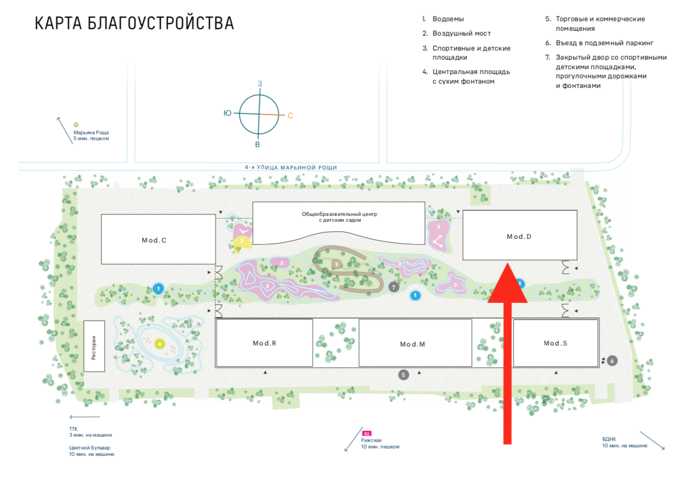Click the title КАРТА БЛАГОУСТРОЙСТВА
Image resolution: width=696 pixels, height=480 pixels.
(134, 24)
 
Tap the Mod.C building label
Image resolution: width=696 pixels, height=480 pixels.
(154, 241)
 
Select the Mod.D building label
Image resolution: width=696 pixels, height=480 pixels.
(519, 236)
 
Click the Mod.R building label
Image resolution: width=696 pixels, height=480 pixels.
(264, 343)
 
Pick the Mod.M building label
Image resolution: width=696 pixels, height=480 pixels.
(413, 345)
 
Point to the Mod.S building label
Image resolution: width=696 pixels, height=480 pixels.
(555, 343)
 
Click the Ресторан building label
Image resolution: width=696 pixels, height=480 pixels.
(94, 347)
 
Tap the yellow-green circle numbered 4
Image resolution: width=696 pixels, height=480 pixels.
(160, 344)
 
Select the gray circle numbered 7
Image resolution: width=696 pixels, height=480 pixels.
(394, 287)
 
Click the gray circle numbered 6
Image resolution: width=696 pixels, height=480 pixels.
(612, 361)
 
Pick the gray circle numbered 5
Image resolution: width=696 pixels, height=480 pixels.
(404, 375)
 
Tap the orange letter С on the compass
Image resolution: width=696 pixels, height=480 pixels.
(290, 115)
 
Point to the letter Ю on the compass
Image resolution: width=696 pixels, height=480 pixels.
(227, 113)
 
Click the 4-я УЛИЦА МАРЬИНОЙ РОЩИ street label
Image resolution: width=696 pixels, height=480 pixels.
(291, 167)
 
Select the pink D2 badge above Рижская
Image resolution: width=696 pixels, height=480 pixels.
(367, 434)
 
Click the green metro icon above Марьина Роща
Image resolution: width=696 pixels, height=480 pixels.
(76, 125)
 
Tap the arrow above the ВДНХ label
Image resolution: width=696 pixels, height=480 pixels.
(652, 440)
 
